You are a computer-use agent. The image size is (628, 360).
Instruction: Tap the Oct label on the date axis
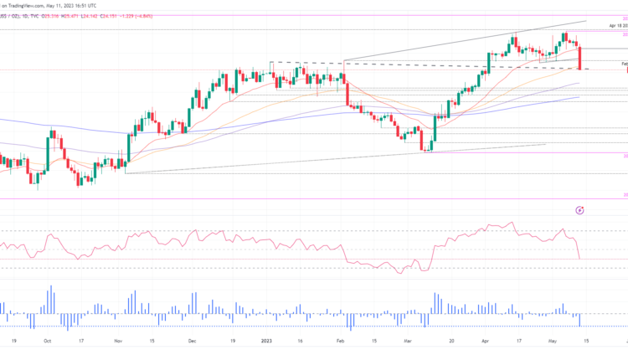click(x=47, y=342)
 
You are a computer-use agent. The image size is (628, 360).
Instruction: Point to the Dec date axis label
click(x=193, y=342)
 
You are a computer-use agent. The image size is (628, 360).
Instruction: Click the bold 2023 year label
click(x=266, y=342)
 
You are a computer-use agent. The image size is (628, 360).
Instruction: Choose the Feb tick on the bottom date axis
click(x=340, y=342)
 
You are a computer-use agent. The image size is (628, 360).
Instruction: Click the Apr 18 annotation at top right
click(x=615, y=27)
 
